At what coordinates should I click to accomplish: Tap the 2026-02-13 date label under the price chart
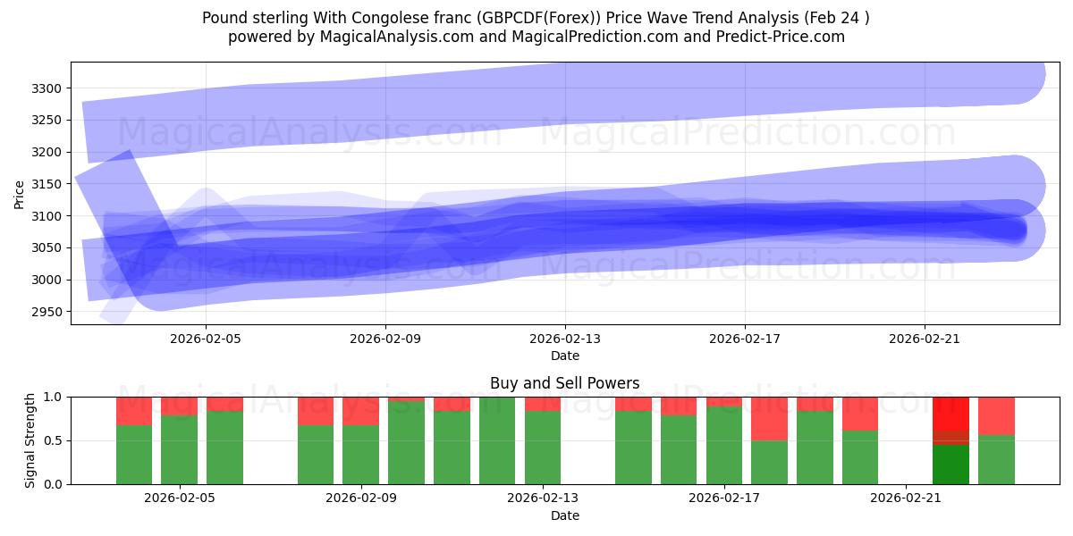click(x=565, y=339)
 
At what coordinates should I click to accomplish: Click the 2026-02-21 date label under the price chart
click(x=924, y=339)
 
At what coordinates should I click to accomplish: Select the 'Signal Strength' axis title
click(x=30, y=440)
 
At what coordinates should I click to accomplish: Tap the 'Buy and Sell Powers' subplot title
click(x=564, y=383)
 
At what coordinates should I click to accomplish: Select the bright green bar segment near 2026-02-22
click(x=950, y=465)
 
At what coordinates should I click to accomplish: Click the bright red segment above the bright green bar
click(x=950, y=413)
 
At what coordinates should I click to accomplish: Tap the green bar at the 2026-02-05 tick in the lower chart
click(x=179, y=449)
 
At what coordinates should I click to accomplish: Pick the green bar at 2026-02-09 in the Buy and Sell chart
click(x=360, y=455)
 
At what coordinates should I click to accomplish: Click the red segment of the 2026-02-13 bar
click(x=543, y=404)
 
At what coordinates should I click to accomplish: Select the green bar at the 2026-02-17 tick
click(x=724, y=445)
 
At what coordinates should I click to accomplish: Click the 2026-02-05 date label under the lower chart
click(x=180, y=498)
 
